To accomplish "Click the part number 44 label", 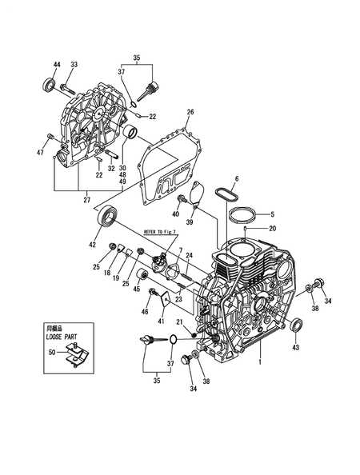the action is point(57,64).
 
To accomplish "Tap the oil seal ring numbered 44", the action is point(50,84).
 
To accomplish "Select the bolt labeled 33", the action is point(67,89).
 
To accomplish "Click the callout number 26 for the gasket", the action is point(190,112).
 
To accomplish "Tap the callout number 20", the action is point(273,228).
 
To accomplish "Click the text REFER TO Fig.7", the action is point(160,232).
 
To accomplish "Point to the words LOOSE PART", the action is point(62,337).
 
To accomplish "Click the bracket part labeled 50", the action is point(77,354).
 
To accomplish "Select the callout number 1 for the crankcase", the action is point(259,361).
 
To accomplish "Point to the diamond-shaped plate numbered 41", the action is point(165,297).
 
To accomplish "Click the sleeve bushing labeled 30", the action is point(131,132).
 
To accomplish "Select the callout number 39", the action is point(190,222).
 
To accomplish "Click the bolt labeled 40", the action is point(182,198).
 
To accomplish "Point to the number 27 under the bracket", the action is point(87,200).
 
